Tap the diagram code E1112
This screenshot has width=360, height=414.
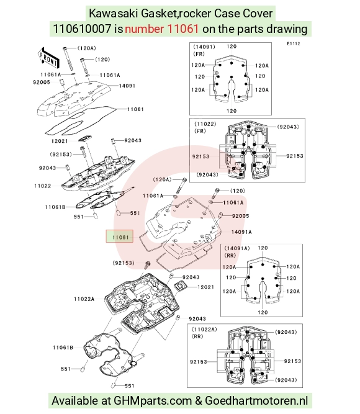point(294,43)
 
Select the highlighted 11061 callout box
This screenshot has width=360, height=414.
point(119,236)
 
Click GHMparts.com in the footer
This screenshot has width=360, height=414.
point(153,401)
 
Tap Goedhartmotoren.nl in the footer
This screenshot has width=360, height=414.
point(256,400)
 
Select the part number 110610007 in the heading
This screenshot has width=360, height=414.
point(82,29)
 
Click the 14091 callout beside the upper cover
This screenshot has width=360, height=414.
point(127,86)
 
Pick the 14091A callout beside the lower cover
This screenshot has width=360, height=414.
point(241,232)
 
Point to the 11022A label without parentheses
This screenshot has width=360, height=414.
point(84,299)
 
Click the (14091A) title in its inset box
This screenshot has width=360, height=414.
point(237,248)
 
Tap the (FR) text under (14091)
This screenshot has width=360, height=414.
point(199,54)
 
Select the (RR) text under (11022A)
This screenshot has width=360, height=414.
point(197,336)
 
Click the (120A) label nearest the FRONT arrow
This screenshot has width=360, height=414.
point(87,48)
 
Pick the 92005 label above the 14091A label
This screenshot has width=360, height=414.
point(240,216)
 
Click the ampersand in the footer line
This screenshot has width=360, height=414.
point(199,401)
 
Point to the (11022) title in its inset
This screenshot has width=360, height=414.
point(205,124)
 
